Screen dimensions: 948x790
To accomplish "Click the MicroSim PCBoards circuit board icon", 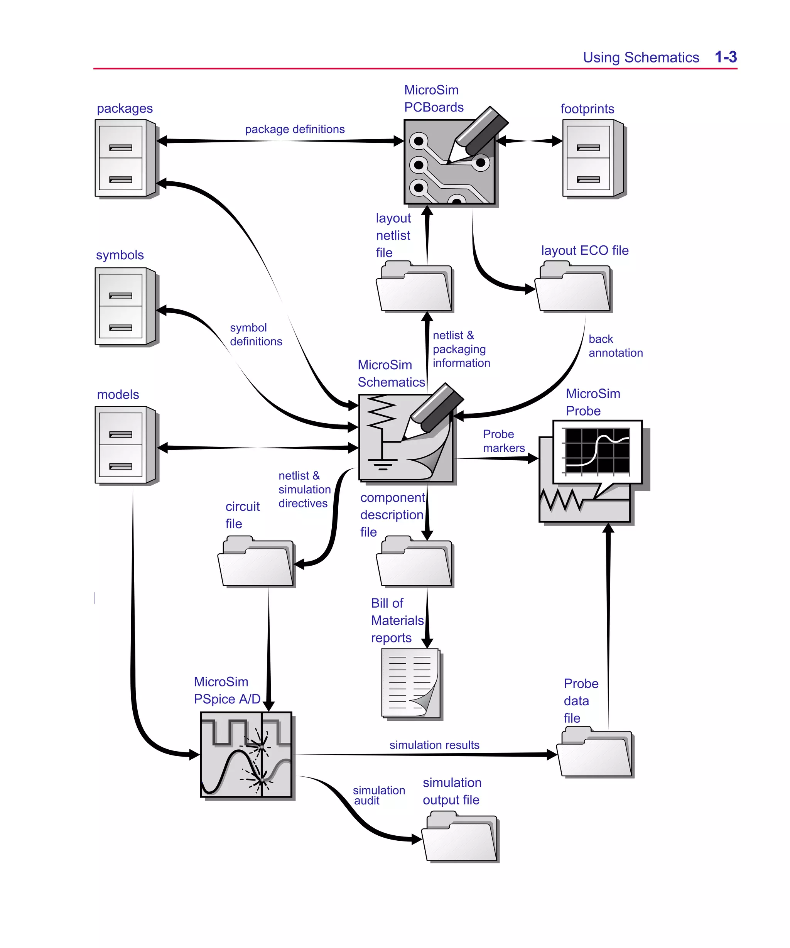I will (449, 162).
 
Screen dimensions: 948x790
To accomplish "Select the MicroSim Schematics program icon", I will (405, 437).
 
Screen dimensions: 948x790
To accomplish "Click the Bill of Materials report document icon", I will (410, 683).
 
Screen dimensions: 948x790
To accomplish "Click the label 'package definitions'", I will (294, 129).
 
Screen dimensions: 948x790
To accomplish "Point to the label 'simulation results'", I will (434, 745).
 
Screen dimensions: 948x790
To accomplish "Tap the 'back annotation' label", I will (615, 346).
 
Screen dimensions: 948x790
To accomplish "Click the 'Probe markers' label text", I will (503, 441).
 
